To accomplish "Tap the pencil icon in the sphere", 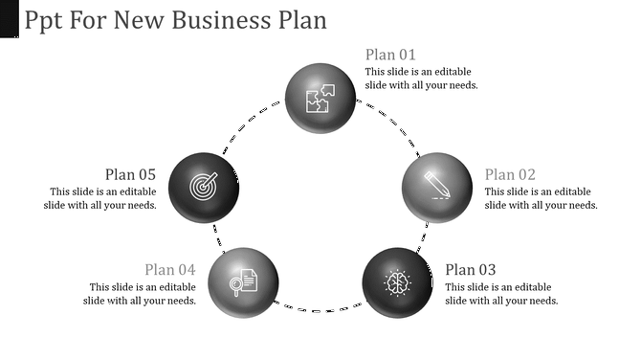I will pyautogui.click(x=436, y=185).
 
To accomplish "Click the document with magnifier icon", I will pyautogui.click(x=244, y=281).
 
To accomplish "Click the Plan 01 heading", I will pyautogui.click(x=390, y=55).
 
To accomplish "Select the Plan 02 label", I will pyautogui.click(x=510, y=174).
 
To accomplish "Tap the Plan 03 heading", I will pyautogui.click(x=471, y=270).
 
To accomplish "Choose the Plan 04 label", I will pyautogui.click(x=170, y=270).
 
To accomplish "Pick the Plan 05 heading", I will pyautogui.click(x=130, y=174).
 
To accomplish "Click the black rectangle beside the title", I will pyautogui.click(x=10, y=19).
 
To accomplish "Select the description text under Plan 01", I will pyautogui.click(x=422, y=79).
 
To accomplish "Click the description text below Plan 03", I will pyautogui.click(x=501, y=294).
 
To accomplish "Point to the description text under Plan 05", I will pyautogui.click(x=99, y=198).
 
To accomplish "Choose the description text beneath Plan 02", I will pyautogui.click(x=542, y=198).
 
